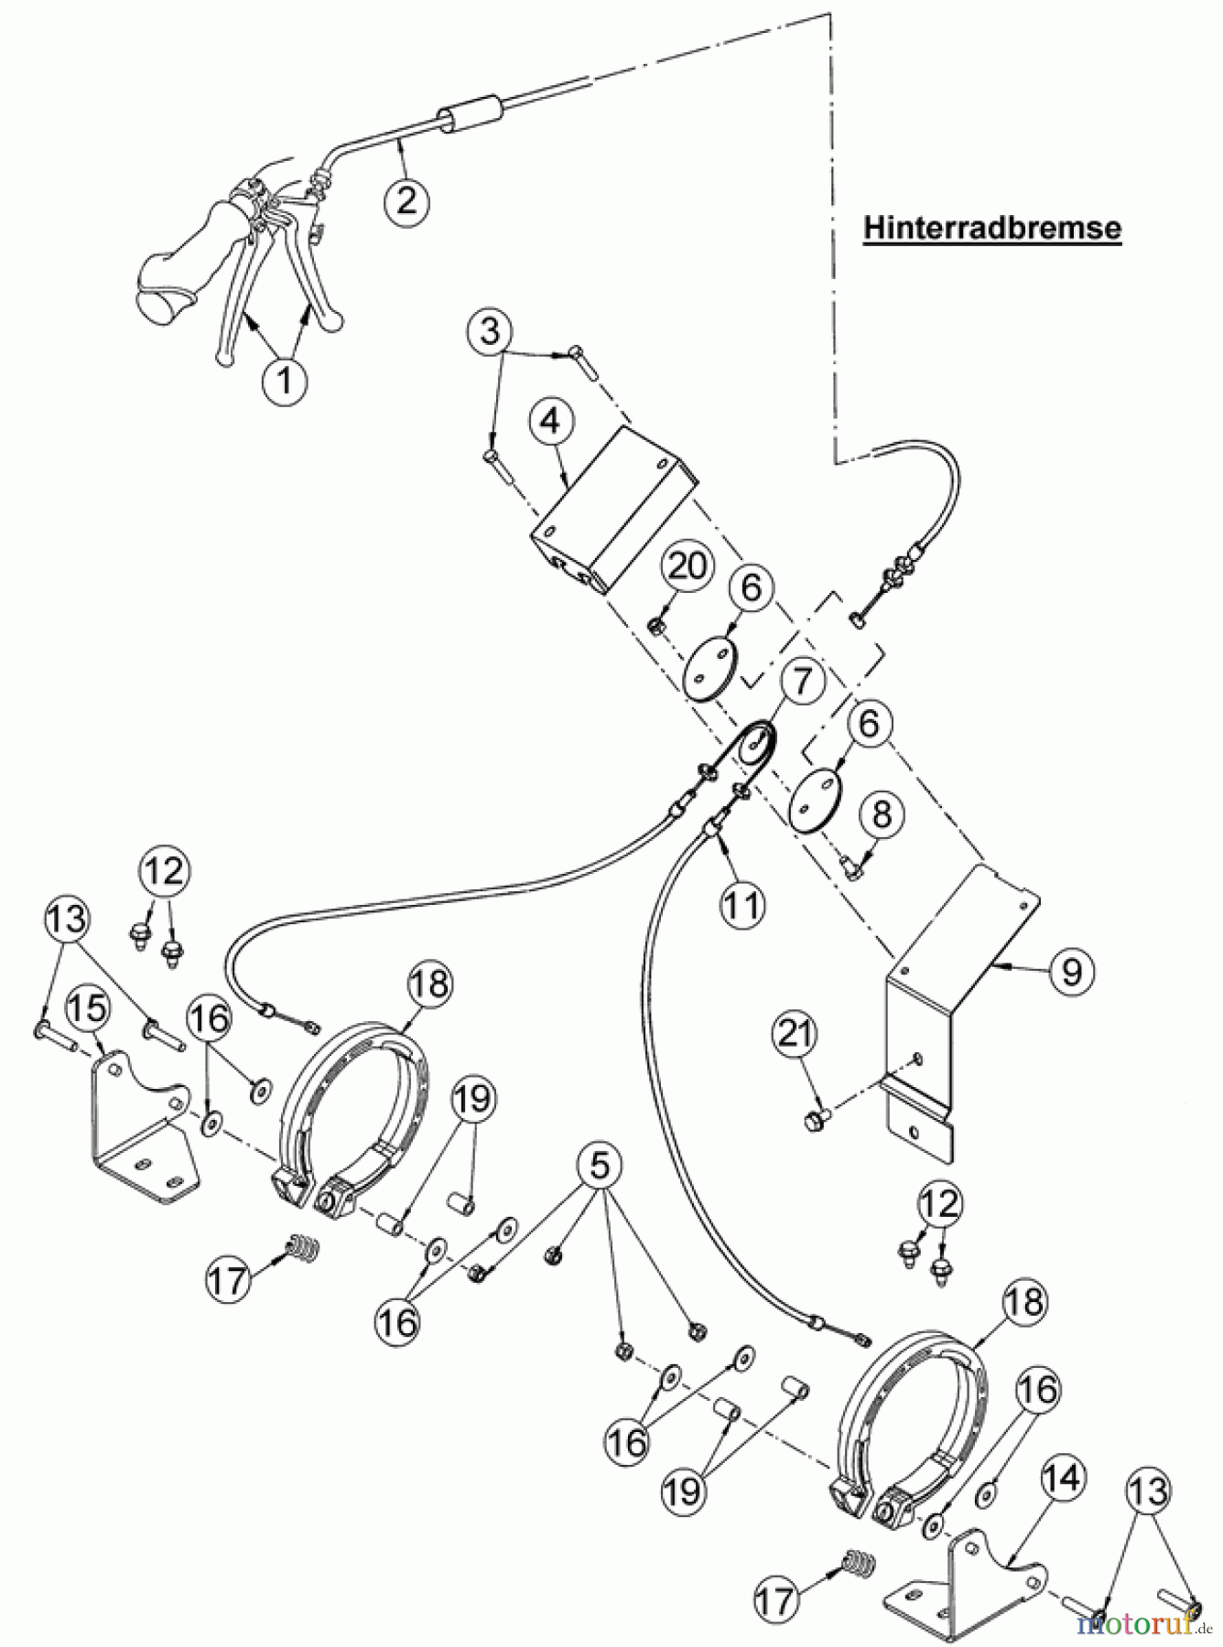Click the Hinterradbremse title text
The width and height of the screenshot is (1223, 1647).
click(992, 228)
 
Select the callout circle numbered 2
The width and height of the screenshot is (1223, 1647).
click(406, 199)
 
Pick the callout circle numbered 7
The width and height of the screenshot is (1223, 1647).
click(802, 682)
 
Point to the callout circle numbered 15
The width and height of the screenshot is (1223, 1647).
click(89, 1008)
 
